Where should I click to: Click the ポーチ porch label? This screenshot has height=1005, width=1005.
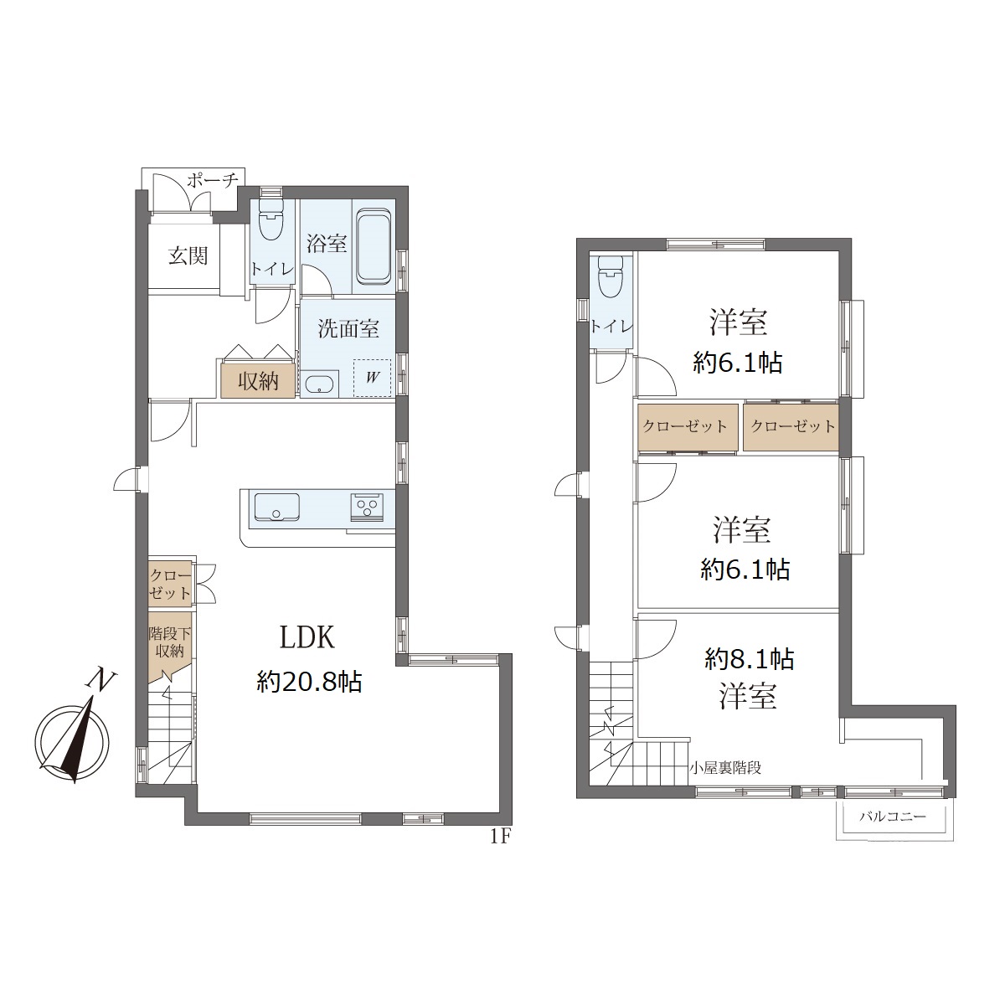[212, 181]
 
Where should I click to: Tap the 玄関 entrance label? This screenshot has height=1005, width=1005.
[188, 255]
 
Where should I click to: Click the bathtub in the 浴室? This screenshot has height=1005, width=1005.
[373, 247]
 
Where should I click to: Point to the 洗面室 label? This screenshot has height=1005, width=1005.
[348, 328]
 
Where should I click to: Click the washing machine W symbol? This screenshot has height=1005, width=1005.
[373, 378]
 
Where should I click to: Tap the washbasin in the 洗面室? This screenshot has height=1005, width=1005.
[318, 385]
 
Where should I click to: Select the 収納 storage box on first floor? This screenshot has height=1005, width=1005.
[258, 381]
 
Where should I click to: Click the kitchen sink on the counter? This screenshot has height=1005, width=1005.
[276, 507]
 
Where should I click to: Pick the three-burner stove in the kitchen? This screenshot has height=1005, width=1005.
[367, 506]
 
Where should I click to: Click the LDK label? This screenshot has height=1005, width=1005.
[307, 637]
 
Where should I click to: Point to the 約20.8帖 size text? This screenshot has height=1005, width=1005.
[309, 681]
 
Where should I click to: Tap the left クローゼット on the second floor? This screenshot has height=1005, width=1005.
[688, 426]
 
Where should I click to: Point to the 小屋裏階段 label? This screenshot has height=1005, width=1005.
[725, 768]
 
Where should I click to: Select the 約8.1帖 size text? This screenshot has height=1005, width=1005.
[750, 659]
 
